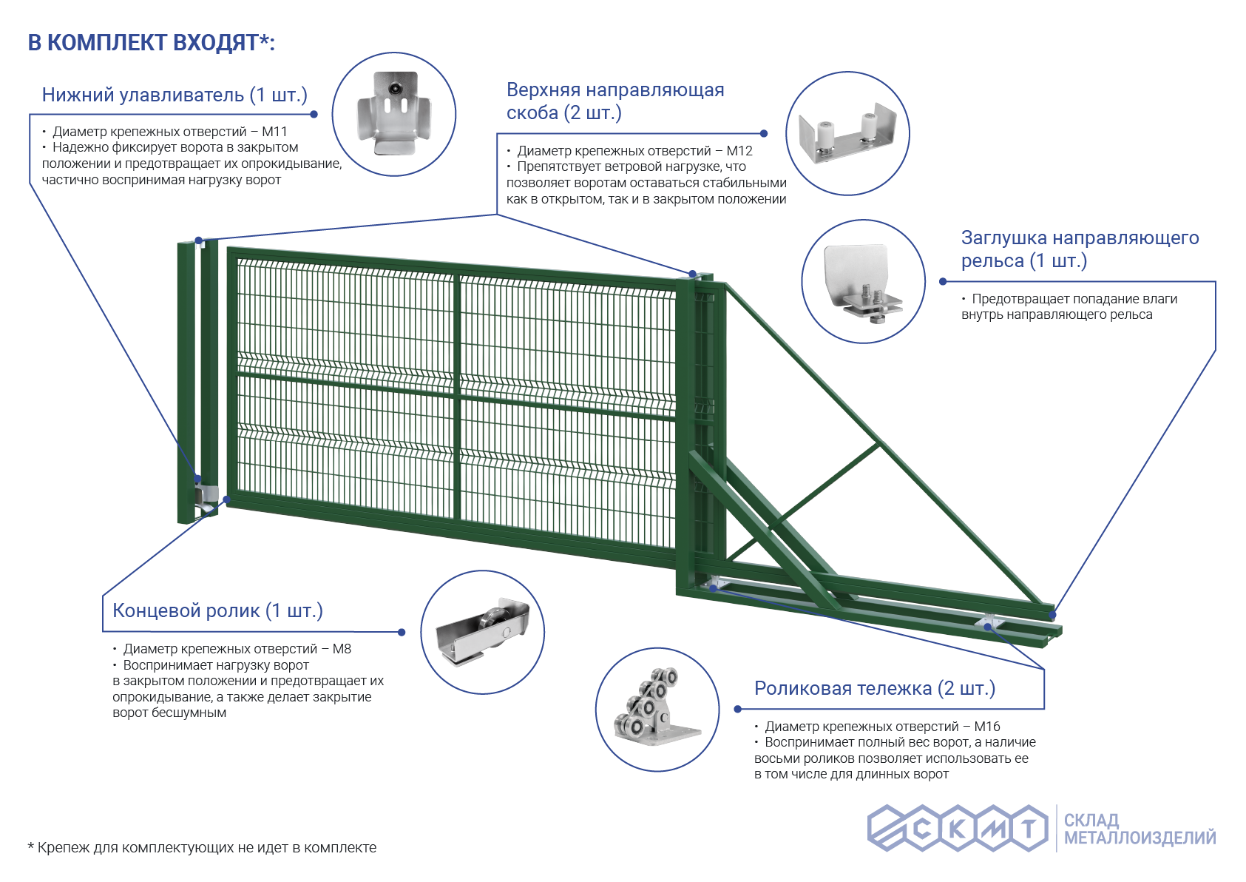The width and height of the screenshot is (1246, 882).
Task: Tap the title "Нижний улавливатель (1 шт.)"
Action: click(175, 95)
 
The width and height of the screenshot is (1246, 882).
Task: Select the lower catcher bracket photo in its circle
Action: click(394, 114)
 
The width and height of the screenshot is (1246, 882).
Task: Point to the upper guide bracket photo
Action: click(847, 133)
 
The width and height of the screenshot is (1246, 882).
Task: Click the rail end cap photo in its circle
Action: click(863, 283)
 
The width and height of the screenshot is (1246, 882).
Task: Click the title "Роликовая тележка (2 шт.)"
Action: click(875, 688)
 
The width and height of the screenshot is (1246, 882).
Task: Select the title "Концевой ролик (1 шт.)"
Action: click(217, 610)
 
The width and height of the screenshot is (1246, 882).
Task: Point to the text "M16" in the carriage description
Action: click(986, 726)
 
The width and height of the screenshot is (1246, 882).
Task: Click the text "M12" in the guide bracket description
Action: click(739, 151)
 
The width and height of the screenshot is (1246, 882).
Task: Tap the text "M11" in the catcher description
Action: click(274, 132)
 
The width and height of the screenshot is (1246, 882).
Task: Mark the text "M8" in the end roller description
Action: click(342, 649)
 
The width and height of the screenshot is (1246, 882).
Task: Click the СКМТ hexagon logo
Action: click(958, 828)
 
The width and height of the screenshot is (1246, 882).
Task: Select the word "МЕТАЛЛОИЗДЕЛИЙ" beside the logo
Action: click(1140, 838)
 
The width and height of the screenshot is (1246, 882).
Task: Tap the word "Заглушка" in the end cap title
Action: click(1003, 238)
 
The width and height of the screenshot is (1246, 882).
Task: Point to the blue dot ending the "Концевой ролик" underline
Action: click(402, 632)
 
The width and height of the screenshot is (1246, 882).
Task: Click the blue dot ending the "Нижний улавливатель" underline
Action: click(314, 114)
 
